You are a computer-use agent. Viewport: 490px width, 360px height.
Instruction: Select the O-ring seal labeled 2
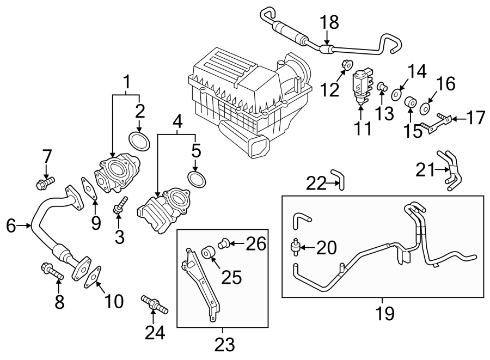[140, 142]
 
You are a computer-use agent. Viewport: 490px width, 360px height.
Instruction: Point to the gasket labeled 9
[88, 187]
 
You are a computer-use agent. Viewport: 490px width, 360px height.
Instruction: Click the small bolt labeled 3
[120, 208]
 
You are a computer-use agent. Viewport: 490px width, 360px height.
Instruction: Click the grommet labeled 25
[207, 254]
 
